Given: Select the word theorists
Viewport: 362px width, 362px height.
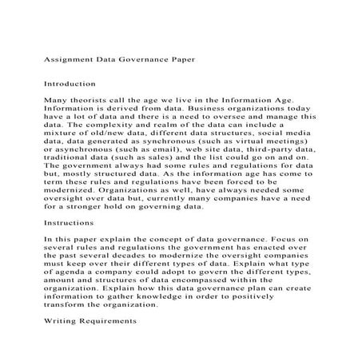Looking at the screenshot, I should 84,100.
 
